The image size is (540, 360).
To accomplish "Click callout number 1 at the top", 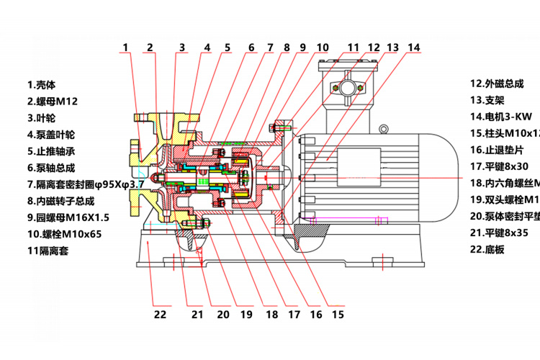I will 125,48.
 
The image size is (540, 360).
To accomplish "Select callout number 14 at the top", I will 413,48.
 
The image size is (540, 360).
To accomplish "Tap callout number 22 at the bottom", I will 160,314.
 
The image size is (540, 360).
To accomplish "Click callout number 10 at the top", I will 321,48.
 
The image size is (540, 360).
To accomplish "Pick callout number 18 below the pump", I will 271,314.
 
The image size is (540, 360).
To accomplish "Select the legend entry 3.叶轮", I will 41,118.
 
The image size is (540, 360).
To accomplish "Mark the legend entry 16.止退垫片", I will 497,150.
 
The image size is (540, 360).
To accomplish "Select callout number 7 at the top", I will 270,48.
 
